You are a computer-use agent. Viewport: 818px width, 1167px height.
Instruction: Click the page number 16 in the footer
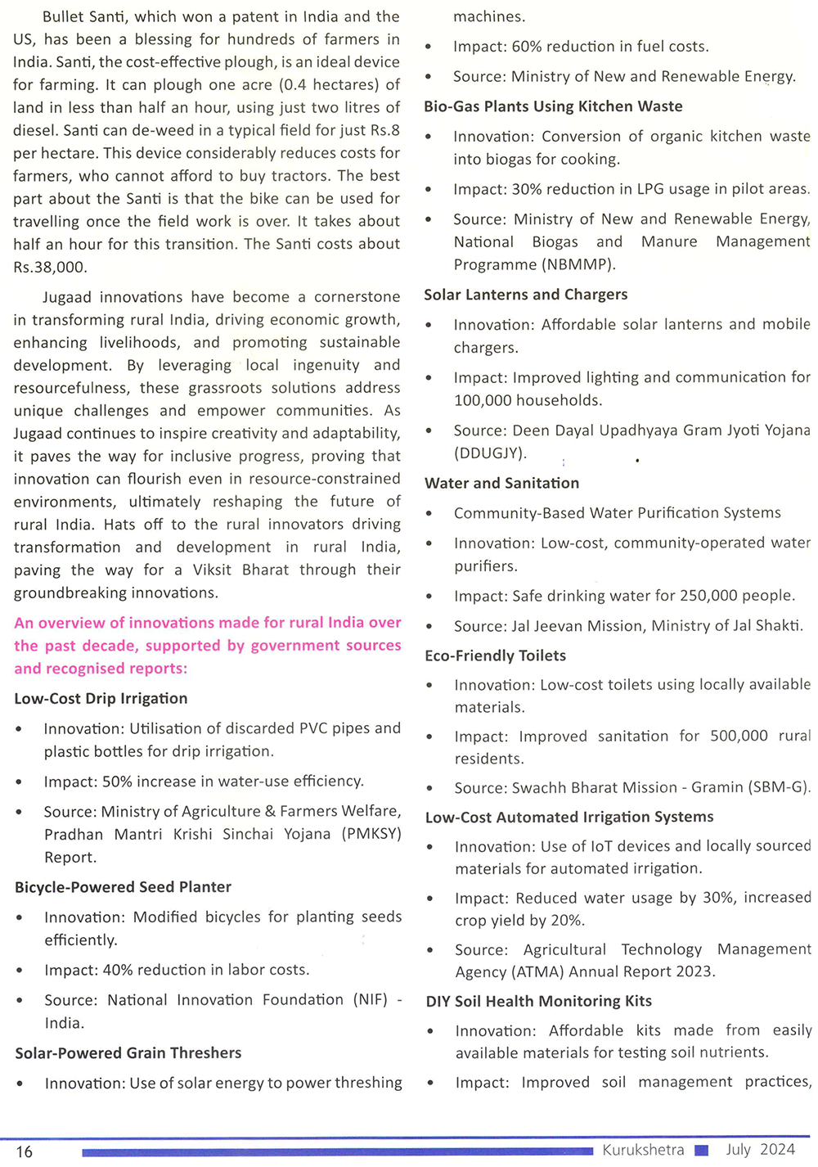(x=25, y=1151)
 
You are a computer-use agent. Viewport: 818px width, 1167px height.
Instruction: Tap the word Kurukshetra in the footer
(x=643, y=1150)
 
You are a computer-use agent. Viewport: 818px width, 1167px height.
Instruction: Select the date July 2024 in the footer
(x=760, y=1150)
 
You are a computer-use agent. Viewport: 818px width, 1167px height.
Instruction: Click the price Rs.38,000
(x=50, y=267)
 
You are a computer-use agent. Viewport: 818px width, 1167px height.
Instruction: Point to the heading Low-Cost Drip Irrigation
(x=101, y=699)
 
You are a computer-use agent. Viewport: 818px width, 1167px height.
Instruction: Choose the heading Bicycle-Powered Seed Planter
(x=123, y=887)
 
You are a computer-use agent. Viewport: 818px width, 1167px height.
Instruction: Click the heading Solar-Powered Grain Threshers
(x=128, y=1053)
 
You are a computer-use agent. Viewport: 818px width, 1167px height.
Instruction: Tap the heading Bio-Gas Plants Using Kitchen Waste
(x=553, y=106)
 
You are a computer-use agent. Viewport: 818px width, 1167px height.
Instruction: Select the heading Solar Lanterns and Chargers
(x=526, y=295)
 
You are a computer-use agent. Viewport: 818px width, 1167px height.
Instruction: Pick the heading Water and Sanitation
(x=501, y=484)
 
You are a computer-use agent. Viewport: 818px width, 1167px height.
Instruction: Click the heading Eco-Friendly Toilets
(x=496, y=656)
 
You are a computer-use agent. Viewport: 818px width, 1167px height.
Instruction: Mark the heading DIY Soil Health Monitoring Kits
(x=539, y=1002)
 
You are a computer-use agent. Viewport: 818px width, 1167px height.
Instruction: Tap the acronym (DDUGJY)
(x=490, y=453)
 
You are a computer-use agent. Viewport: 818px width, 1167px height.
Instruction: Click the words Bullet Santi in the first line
(x=84, y=16)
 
